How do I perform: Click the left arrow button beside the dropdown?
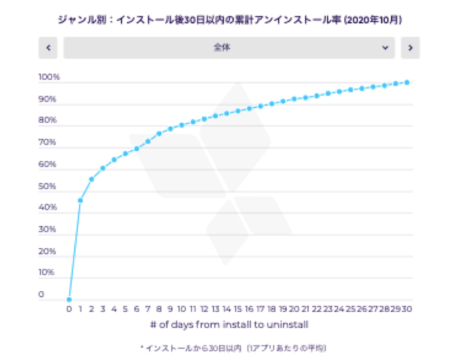click(x=48, y=48)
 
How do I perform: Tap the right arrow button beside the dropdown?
click(x=410, y=48)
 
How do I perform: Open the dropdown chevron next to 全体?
click(x=385, y=48)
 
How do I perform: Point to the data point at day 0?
click(x=69, y=299)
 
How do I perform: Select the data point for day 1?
click(x=80, y=200)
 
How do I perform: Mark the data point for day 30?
click(x=407, y=82)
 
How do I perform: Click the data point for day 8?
click(x=159, y=133)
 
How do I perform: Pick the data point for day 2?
click(x=92, y=179)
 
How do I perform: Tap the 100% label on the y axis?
click(x=49, y=77)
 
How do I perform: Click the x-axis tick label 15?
click(x=238, y=309)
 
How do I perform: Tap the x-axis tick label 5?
click(x=125, y=309)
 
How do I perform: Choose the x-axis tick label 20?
click(x=294, y=309)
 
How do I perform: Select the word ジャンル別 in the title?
click(x=72, y=20)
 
